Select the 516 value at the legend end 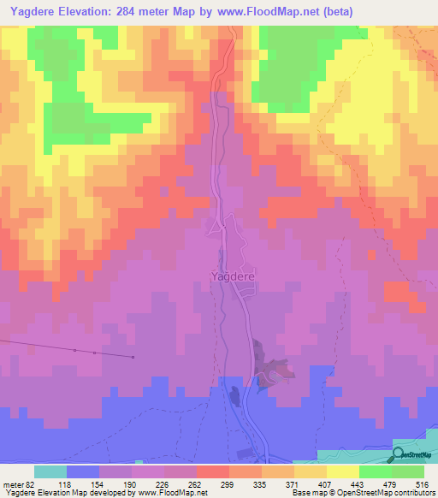click(421, 483)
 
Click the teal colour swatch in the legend click(50, 471)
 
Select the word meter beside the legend click(12, 483)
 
